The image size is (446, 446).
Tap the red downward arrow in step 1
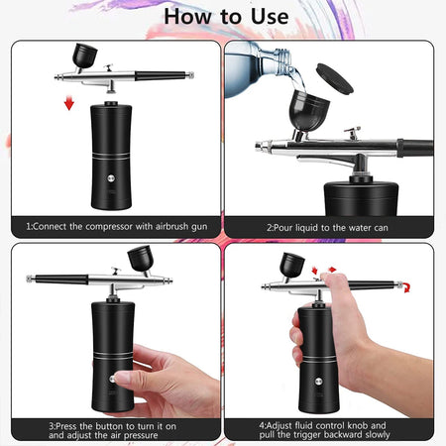(68, 104)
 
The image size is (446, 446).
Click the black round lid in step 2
(333, 77)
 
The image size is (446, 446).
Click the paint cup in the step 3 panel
(139, 259)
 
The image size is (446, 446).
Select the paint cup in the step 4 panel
(293, 265)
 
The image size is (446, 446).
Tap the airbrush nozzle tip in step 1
(56, 76)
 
